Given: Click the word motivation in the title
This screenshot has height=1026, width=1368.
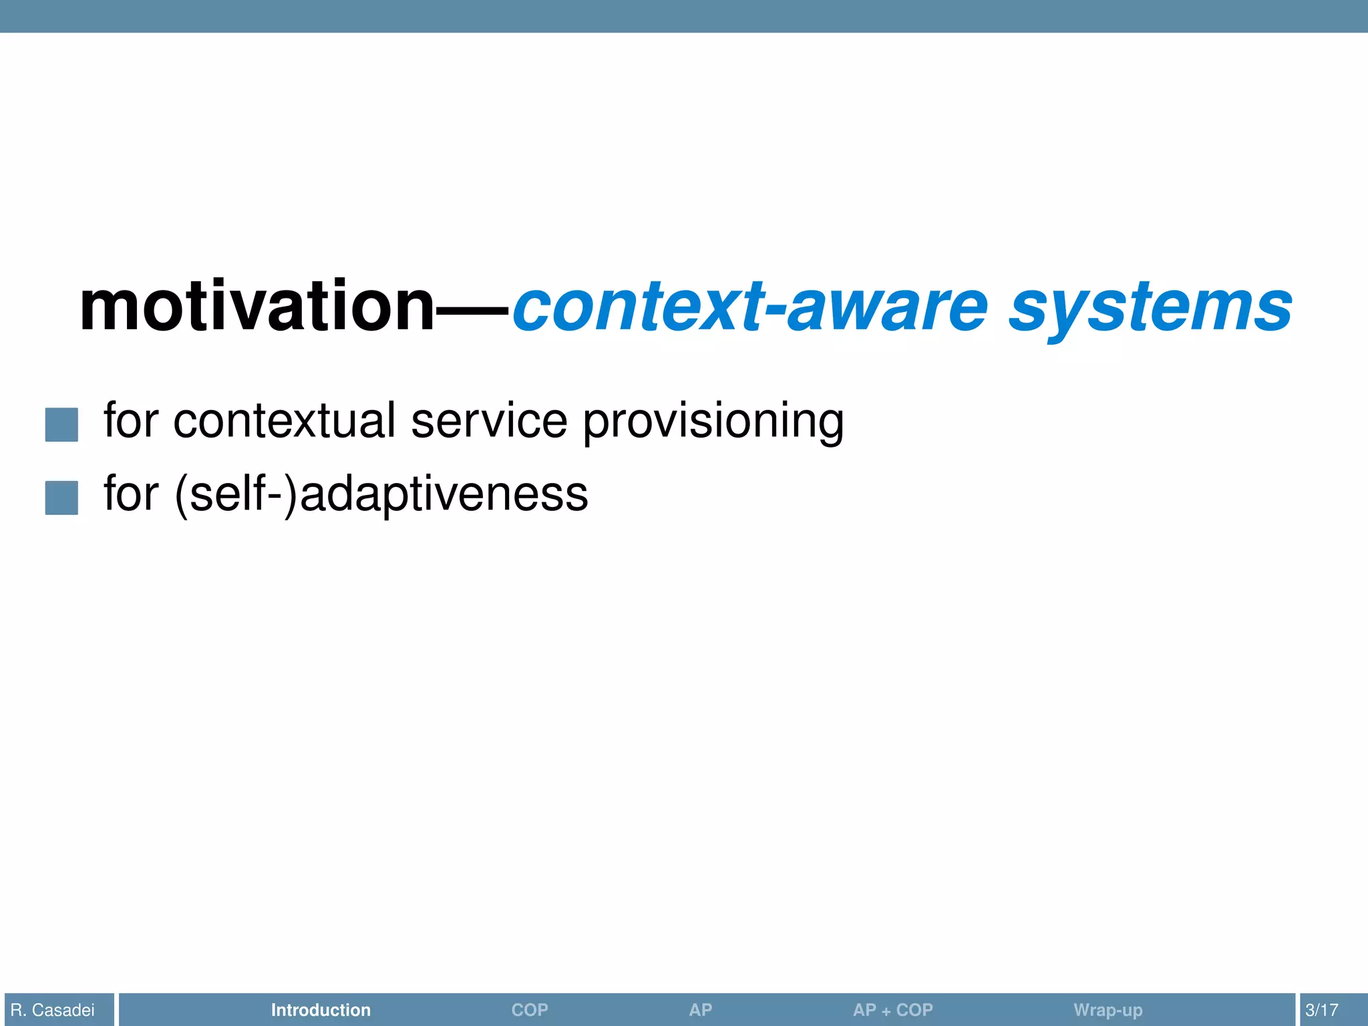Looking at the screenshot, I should [x=257, y=307].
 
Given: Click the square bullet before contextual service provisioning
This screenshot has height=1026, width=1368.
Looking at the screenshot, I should [x=61, y=425].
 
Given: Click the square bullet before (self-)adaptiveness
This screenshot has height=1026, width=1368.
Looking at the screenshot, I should [x=61, y=498].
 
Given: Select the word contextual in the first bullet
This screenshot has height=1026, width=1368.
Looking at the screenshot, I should [x=285, y=421].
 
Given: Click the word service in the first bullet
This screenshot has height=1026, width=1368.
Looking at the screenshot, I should [x=489, y=421].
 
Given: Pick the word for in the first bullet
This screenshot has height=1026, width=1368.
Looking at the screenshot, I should [x=131, y=421].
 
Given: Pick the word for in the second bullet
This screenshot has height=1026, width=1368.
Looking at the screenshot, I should [x=131, y=494].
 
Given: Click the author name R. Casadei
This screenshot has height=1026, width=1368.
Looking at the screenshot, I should [x=53, y=1010].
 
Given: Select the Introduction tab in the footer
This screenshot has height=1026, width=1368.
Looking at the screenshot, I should [x=321, y=1010].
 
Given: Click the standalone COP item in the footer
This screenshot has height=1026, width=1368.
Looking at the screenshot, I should [x=530, y=1010].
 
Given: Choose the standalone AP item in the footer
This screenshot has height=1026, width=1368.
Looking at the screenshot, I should [x=700, y=1010].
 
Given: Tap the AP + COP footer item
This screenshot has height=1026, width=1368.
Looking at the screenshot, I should [x=892, y=1010].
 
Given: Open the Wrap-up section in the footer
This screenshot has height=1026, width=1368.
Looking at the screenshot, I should [x=1107, y=1010].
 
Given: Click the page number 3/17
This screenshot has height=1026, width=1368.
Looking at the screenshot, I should [x=1321, y=1010].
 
